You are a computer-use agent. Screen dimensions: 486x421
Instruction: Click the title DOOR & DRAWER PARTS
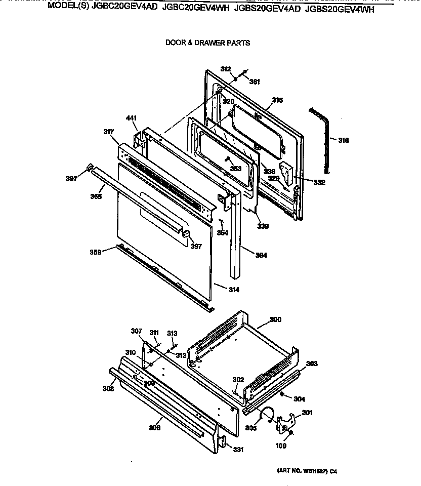point(207,43)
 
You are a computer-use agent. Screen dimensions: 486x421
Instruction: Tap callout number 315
point(277,100)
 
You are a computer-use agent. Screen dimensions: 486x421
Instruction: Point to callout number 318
point(343,140)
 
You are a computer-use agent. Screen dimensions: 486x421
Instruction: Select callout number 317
point(108,132)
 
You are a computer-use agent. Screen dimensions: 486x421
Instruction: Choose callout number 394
point(261,255)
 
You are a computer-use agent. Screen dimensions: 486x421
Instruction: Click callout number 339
point(262,226)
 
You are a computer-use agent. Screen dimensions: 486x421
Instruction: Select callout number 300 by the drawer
point(275,319)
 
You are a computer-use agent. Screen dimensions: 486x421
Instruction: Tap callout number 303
point(312,363)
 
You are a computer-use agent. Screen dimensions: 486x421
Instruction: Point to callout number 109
point(280,446)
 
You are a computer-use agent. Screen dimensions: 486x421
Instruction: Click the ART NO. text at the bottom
point(306,471)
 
